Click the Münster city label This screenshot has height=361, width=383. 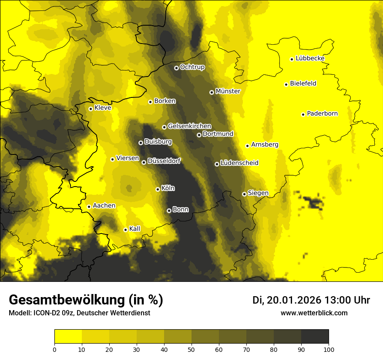tap(228, 91)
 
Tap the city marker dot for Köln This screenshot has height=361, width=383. tap(158, 189)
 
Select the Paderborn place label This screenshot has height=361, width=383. tap(322, 114)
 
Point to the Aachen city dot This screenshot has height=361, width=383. tap(89, 207)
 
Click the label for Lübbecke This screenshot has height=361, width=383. tap(310, 58)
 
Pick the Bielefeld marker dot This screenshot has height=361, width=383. tap(286, 84)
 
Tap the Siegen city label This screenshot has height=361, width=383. tap(258, 193)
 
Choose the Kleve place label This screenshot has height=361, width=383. tap(103, 108)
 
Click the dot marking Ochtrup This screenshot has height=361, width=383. tap(176, 68)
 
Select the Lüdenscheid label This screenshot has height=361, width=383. tap(239, 163)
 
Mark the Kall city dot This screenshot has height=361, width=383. tap(125, 230)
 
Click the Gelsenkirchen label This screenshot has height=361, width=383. tap(189, 126)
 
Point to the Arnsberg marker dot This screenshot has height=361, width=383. tap(247, 146)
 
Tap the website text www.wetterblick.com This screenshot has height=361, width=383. tap(314, 313)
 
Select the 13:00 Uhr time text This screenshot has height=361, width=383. tap(347, 300)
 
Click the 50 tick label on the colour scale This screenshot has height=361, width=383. tap(191, 349)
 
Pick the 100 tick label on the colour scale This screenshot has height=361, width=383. tap(328, 349)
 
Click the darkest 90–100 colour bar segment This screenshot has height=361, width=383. tap(315, 336)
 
